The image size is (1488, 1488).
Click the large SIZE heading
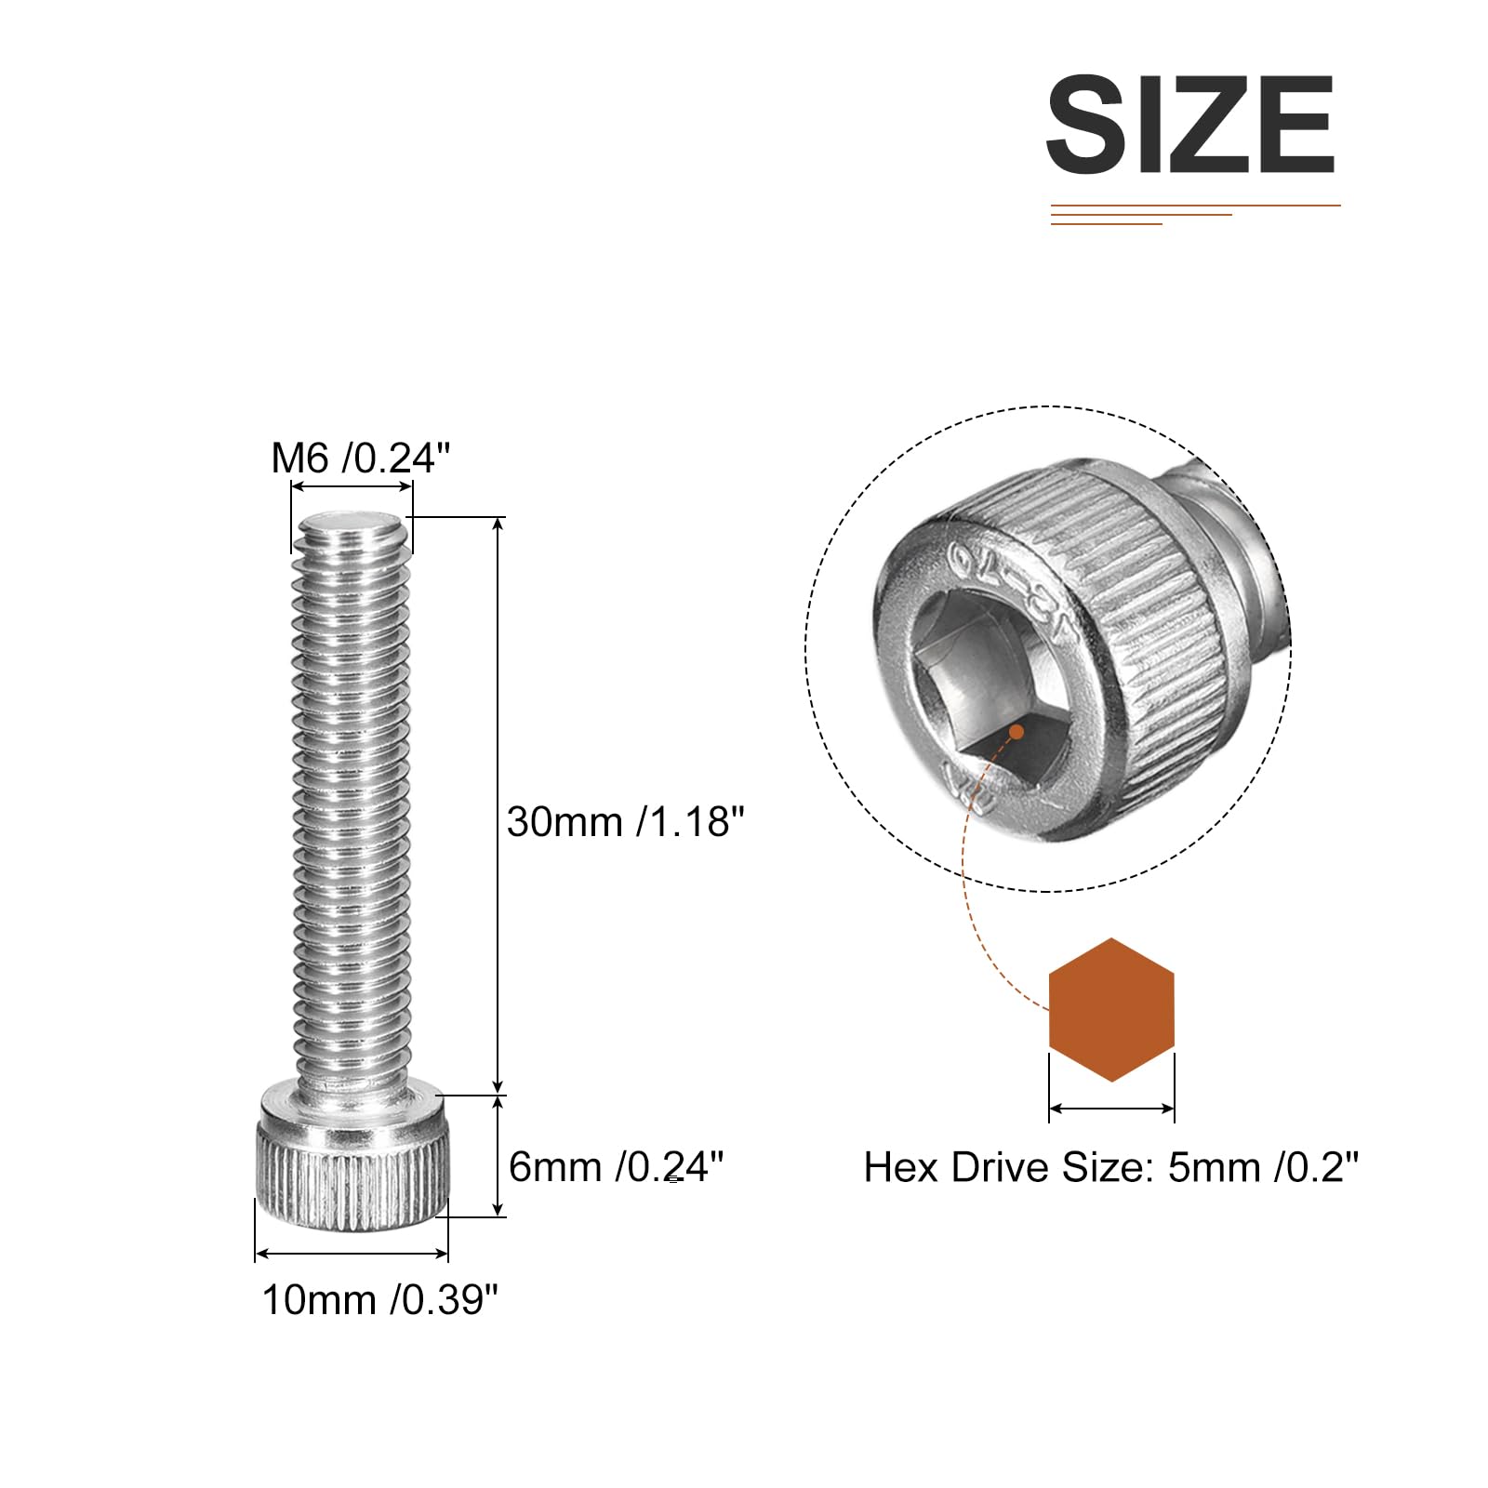1191,125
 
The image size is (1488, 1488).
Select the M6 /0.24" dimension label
361,458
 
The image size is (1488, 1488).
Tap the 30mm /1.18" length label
626,822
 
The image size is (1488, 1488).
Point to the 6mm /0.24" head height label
616,1166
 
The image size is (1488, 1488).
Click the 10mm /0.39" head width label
380,1299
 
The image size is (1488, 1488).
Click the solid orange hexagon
1111,1010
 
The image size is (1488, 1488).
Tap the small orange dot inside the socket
1016,732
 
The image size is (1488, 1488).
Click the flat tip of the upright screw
351,525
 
